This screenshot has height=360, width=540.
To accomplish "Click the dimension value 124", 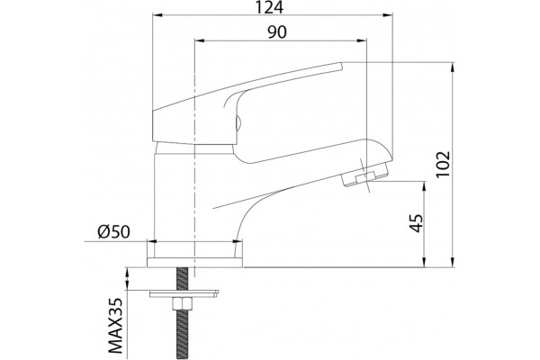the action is (269, 7).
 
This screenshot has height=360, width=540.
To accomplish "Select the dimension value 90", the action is (277, 32).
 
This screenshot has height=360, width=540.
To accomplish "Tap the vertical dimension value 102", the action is (443, 164).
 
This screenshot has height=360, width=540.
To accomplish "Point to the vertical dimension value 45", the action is (417, 223).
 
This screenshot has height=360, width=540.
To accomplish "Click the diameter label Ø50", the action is (113, 232).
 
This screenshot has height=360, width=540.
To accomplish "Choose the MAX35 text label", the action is (115, 326).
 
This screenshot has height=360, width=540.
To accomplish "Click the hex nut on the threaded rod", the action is (182, 305).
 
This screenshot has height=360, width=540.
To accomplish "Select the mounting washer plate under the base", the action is (184, 293).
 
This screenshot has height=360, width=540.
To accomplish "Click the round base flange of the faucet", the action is (194, 262).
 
